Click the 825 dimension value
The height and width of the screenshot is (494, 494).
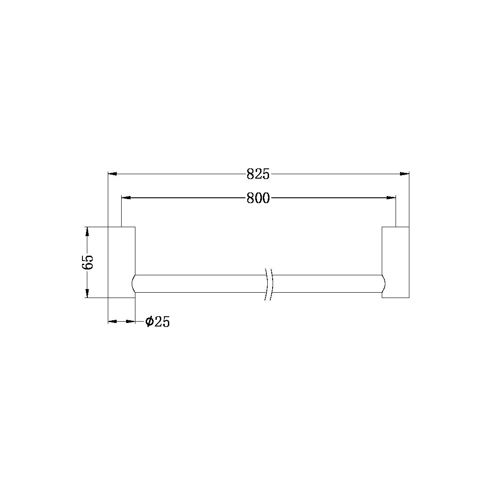click(x=258, y=174)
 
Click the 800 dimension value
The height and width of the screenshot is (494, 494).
click(x=258, y=198)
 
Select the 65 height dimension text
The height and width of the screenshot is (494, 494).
click(x=87, y=262)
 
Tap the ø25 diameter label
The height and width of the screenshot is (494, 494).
click(x=158, y=321)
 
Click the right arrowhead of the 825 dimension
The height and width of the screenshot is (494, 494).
click(x=404, y=174)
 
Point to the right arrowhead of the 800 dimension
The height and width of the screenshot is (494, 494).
click(x=391, y=198)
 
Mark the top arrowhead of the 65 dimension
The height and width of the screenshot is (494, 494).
click(x=87, y=232)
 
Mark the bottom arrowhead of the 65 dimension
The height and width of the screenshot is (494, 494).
click(x=87, y=293)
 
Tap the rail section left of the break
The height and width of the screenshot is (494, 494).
click(x=200, y=284)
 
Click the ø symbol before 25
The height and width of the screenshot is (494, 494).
click(x=149, y=321)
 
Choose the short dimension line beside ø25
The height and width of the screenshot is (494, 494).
click(x=122, y=321)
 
